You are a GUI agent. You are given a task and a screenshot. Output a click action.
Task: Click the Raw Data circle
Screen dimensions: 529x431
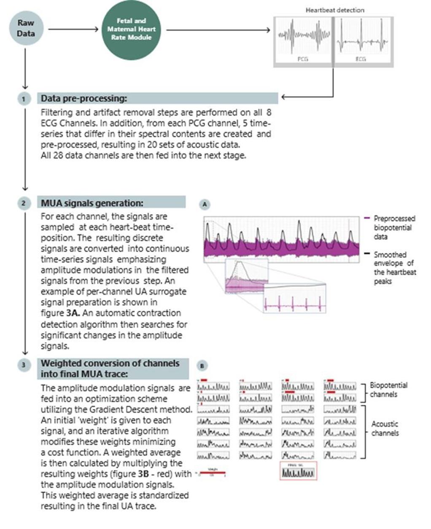click(26, 28)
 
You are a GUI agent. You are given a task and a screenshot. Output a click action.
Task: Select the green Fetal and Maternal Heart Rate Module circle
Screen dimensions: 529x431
click(131, 29)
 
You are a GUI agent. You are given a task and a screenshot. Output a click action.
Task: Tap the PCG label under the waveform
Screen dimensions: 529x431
click(303, 59)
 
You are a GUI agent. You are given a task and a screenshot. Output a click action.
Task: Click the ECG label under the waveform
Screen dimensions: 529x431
click(361, 59)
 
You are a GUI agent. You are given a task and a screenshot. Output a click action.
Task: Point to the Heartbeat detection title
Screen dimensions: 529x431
click(335, 10)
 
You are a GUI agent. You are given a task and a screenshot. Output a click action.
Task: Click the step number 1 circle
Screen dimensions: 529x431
click(24, 99)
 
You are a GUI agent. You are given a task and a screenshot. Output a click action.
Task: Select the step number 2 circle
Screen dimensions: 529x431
click(24, 203)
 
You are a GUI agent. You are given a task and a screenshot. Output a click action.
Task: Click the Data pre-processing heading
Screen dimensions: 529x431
click(84, 99)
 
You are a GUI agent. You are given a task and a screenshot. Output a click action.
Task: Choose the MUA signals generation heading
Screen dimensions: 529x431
click(92, 203)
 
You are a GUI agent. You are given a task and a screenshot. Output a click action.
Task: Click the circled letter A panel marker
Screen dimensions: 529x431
click(205, 205)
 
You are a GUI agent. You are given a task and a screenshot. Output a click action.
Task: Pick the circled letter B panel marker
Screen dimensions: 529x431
click(202, 366)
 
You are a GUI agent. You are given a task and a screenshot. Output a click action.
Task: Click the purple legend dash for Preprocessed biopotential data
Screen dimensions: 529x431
click(367, 218)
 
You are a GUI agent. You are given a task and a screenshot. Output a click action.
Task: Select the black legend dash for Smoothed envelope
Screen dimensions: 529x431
click(367, 254)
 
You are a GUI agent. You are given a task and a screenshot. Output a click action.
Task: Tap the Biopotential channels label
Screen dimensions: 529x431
click(388, 390)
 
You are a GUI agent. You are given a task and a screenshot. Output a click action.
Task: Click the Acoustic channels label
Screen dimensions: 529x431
click(385, 428)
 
